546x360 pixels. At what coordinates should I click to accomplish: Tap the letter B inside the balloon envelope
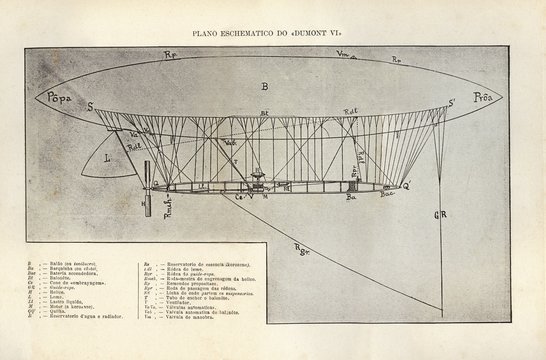click(x=264, y=87)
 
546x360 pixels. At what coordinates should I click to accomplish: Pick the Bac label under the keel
click(x=387, y=198)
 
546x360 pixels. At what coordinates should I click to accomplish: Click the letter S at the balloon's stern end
click(x=89, y=104)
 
